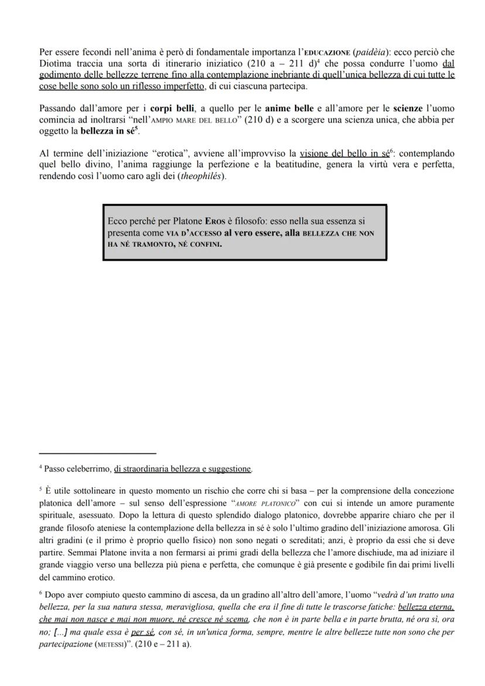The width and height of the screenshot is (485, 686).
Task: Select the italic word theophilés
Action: pyautogui.click(x=203, y=176)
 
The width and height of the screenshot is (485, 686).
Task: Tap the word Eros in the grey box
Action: pyautogui.click(x=215, y=221)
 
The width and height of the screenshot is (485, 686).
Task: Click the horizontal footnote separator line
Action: pyautogui.click(x=98, y=453)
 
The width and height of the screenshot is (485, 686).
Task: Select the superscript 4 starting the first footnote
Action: pyautogui.click(x=41, y=467)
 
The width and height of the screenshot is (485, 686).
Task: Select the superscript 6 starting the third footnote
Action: pyautogui.click(x=41, y=592)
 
